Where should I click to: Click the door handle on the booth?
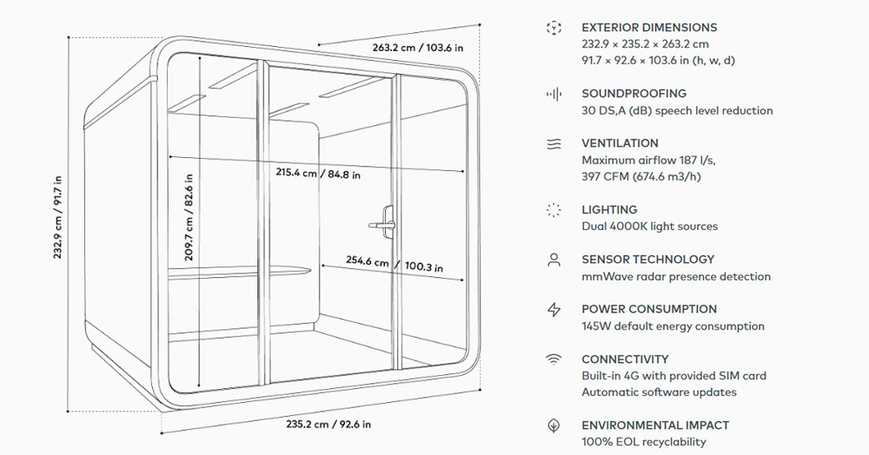(x=383, y=219)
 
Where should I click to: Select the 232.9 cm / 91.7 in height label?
(x=58, y=217)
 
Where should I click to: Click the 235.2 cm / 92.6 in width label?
(x=328, y=425)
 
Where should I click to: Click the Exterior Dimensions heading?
(x=649, y=28)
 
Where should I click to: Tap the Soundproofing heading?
(x=634, y=94)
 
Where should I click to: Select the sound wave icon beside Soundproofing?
(x=554, y=94)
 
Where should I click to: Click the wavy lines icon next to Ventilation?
(x=554, y=143)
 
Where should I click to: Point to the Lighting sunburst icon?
(x=554, y=210)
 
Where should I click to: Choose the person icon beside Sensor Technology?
(x=554, y=260)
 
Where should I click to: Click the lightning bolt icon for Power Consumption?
(x=554, y=309)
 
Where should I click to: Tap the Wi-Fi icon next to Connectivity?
(x=554, y=359)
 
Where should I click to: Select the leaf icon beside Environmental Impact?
(x=554, y=426)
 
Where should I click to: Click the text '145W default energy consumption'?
(x=673, y=326)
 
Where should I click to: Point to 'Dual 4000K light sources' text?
(x=649, y=227)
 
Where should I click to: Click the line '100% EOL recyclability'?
(x=643, y=442)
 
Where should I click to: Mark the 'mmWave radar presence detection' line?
(x=675, y=277)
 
